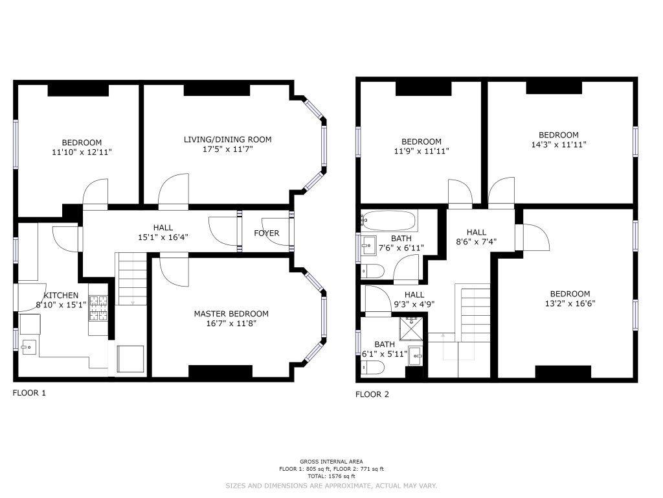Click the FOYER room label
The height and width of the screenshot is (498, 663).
tap(266, 233)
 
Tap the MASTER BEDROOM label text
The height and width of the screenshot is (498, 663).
tap(231, 314)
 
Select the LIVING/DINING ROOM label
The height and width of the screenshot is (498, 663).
tap(227, 139)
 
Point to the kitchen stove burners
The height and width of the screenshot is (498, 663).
tap(98, 308)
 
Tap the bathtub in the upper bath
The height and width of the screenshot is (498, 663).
tap(389, 220)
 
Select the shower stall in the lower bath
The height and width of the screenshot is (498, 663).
tap(410, 328)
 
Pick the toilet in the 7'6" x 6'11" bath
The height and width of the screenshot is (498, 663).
tap(372, 270)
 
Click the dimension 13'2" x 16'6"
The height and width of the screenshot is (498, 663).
tap(570, 303)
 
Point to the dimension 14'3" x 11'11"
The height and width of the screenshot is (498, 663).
tap(559, 145)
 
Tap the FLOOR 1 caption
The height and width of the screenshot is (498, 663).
tap(29, 393)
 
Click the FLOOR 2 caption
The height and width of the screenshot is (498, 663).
tap(372, 395)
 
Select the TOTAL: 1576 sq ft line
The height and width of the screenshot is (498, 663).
tap(331, 477)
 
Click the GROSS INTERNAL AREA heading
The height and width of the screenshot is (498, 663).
tap(331, 462)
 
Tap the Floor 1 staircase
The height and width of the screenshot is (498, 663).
tap(132, 279)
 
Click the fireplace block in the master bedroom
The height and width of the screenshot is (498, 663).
tap(220, 371)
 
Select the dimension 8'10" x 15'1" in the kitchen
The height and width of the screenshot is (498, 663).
tap(62, 305)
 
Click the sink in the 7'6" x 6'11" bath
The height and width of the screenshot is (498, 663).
tap(368, 245)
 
